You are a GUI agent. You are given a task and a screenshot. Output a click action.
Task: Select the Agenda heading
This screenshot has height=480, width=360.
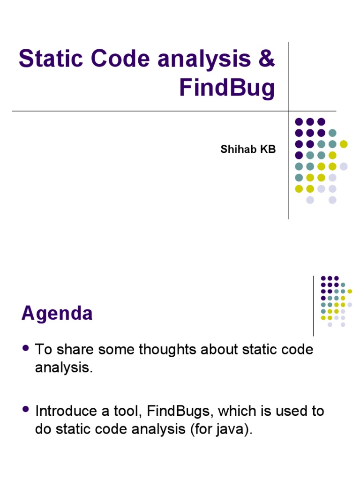tap(57, 313)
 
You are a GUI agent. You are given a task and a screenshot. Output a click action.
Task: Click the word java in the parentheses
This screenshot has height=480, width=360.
tap(232, 430)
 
